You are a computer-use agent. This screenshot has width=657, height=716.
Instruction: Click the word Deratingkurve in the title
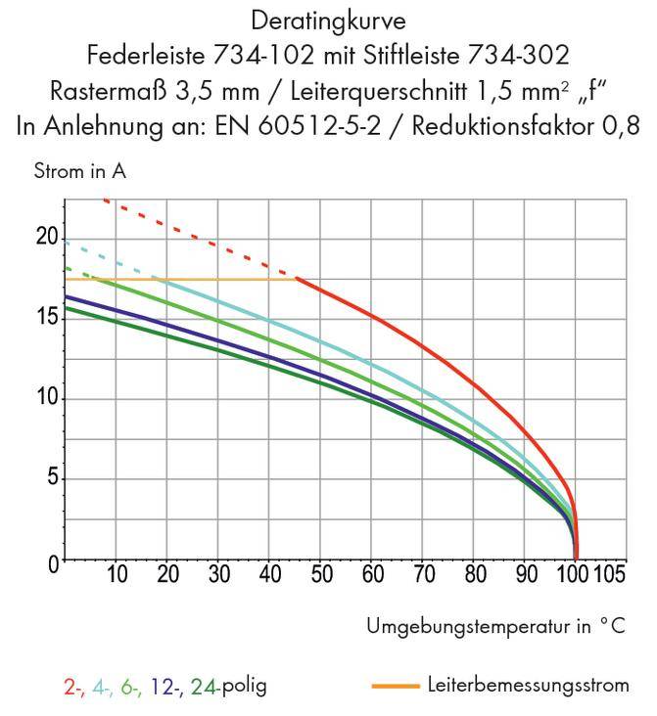[x=327, y=19]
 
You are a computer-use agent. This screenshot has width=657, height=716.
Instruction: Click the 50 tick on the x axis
[x=320, y=574]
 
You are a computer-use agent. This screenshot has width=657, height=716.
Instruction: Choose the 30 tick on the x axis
[x=218, y=574]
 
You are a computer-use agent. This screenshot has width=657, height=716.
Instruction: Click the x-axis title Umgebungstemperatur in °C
[x=493, y=625]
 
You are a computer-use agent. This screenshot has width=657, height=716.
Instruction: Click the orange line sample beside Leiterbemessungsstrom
[x=398, y=686]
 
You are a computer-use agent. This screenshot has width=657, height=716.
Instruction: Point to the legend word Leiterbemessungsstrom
[x=529, y=685]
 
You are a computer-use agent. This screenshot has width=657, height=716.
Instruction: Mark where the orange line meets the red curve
[x=296, y=279]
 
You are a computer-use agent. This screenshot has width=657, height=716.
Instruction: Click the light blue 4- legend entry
[x=102, y=685]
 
